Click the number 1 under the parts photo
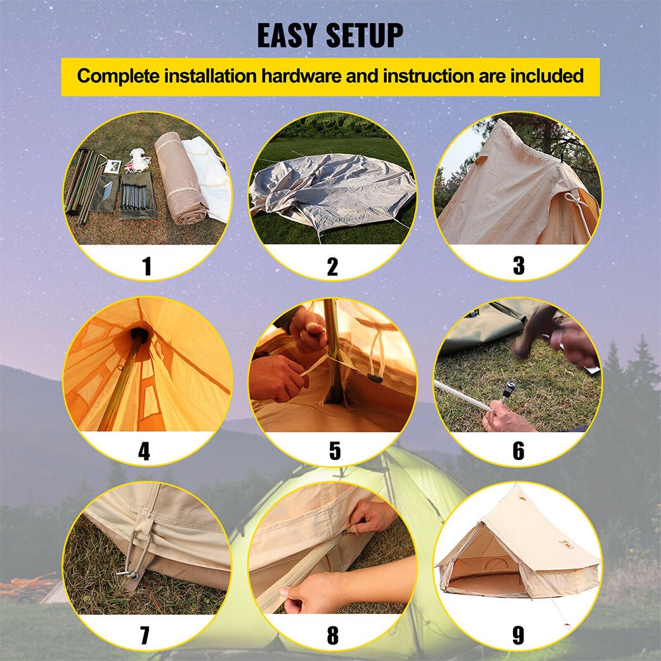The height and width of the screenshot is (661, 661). [147, 266]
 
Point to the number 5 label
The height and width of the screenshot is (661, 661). [334, 451]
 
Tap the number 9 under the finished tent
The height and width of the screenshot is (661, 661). [518, 636]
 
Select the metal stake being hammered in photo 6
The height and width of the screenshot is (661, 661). [507, 391]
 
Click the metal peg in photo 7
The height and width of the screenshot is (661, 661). [128, 574]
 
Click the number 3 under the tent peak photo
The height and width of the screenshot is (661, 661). [518, 266]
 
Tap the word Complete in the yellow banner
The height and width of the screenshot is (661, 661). [118, 76]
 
